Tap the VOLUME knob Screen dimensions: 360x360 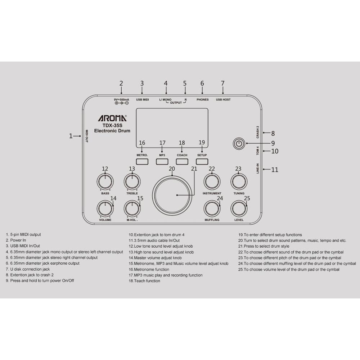coord(105,208)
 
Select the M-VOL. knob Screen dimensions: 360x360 coord(132,208)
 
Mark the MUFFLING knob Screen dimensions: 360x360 coord(212,208)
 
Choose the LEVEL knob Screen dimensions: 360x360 coord(239,208)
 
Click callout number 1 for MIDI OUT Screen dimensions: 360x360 coord(71,136)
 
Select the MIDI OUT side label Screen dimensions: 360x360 coord(87,136)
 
